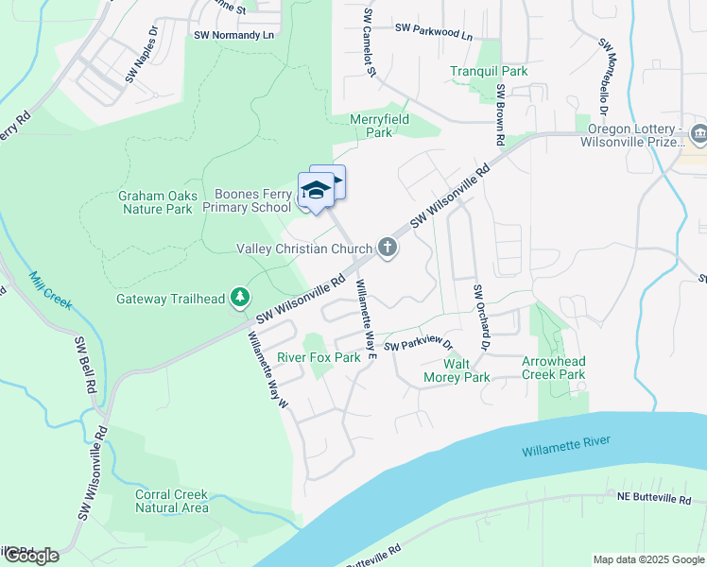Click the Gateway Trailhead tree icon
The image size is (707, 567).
point(240,299)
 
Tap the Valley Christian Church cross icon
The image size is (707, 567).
point(387,249)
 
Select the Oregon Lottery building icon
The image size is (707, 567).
point(698,131)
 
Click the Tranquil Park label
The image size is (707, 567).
point(489,71)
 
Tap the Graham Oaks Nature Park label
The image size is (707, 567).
point(158,202)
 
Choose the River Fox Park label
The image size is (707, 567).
point(319,358)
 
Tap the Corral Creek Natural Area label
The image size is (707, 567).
point(171,501)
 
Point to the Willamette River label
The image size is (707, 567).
point(565,446)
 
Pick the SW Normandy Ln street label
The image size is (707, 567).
point(233,35)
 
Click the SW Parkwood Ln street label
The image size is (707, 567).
point(434,31)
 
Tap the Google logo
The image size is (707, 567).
point(31,556)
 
